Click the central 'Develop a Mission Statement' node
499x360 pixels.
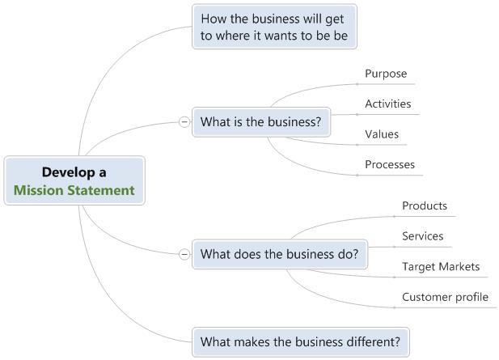pos(74,181)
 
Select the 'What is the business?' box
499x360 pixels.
pos(260,122)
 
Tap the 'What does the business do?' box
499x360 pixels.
pos(279,253)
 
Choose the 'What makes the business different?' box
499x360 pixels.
pos(300,341)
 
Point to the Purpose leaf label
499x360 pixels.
pos(385,74)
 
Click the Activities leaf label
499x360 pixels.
pos(387,104)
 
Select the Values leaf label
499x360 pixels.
pos(382,134)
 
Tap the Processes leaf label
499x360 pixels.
pos(389,164)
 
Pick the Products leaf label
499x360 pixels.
pos(425,205)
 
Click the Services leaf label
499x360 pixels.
pos(422,236)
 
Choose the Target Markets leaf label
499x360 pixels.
pos(441,266)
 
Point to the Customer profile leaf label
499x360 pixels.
pos(445,297)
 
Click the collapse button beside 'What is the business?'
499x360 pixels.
pos(184,122)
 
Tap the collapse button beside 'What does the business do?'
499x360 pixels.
pos(184,253)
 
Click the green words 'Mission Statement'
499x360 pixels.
pos(74,191)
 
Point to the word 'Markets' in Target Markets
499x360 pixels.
pos(459,266)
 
